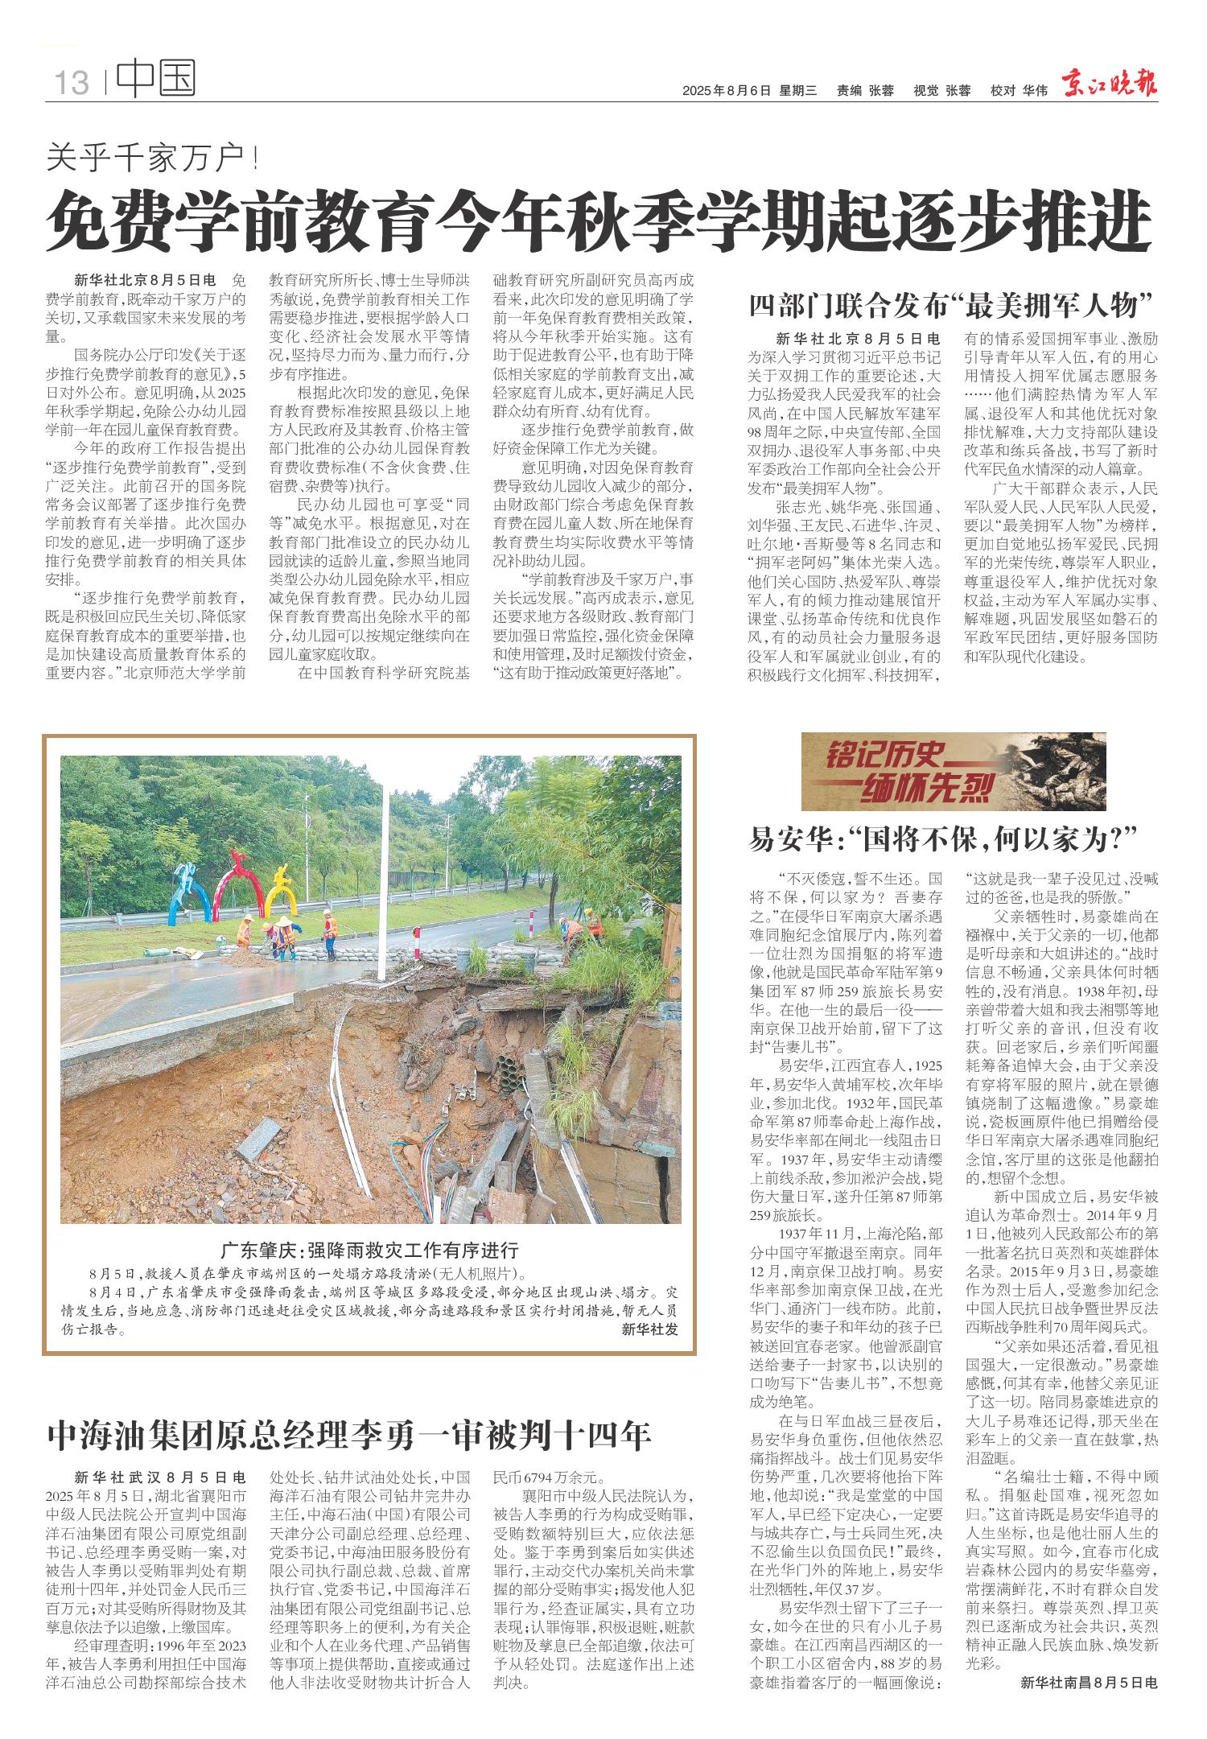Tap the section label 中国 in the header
pos(156,79)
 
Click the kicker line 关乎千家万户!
pos(153,158)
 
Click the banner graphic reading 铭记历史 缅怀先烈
pos(941,772)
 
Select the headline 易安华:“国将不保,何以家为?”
pos(946,840)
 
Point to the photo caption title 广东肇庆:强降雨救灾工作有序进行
pos(370,1251)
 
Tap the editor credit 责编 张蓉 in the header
pos(865,91)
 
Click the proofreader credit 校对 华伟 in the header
pos(1019,91)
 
